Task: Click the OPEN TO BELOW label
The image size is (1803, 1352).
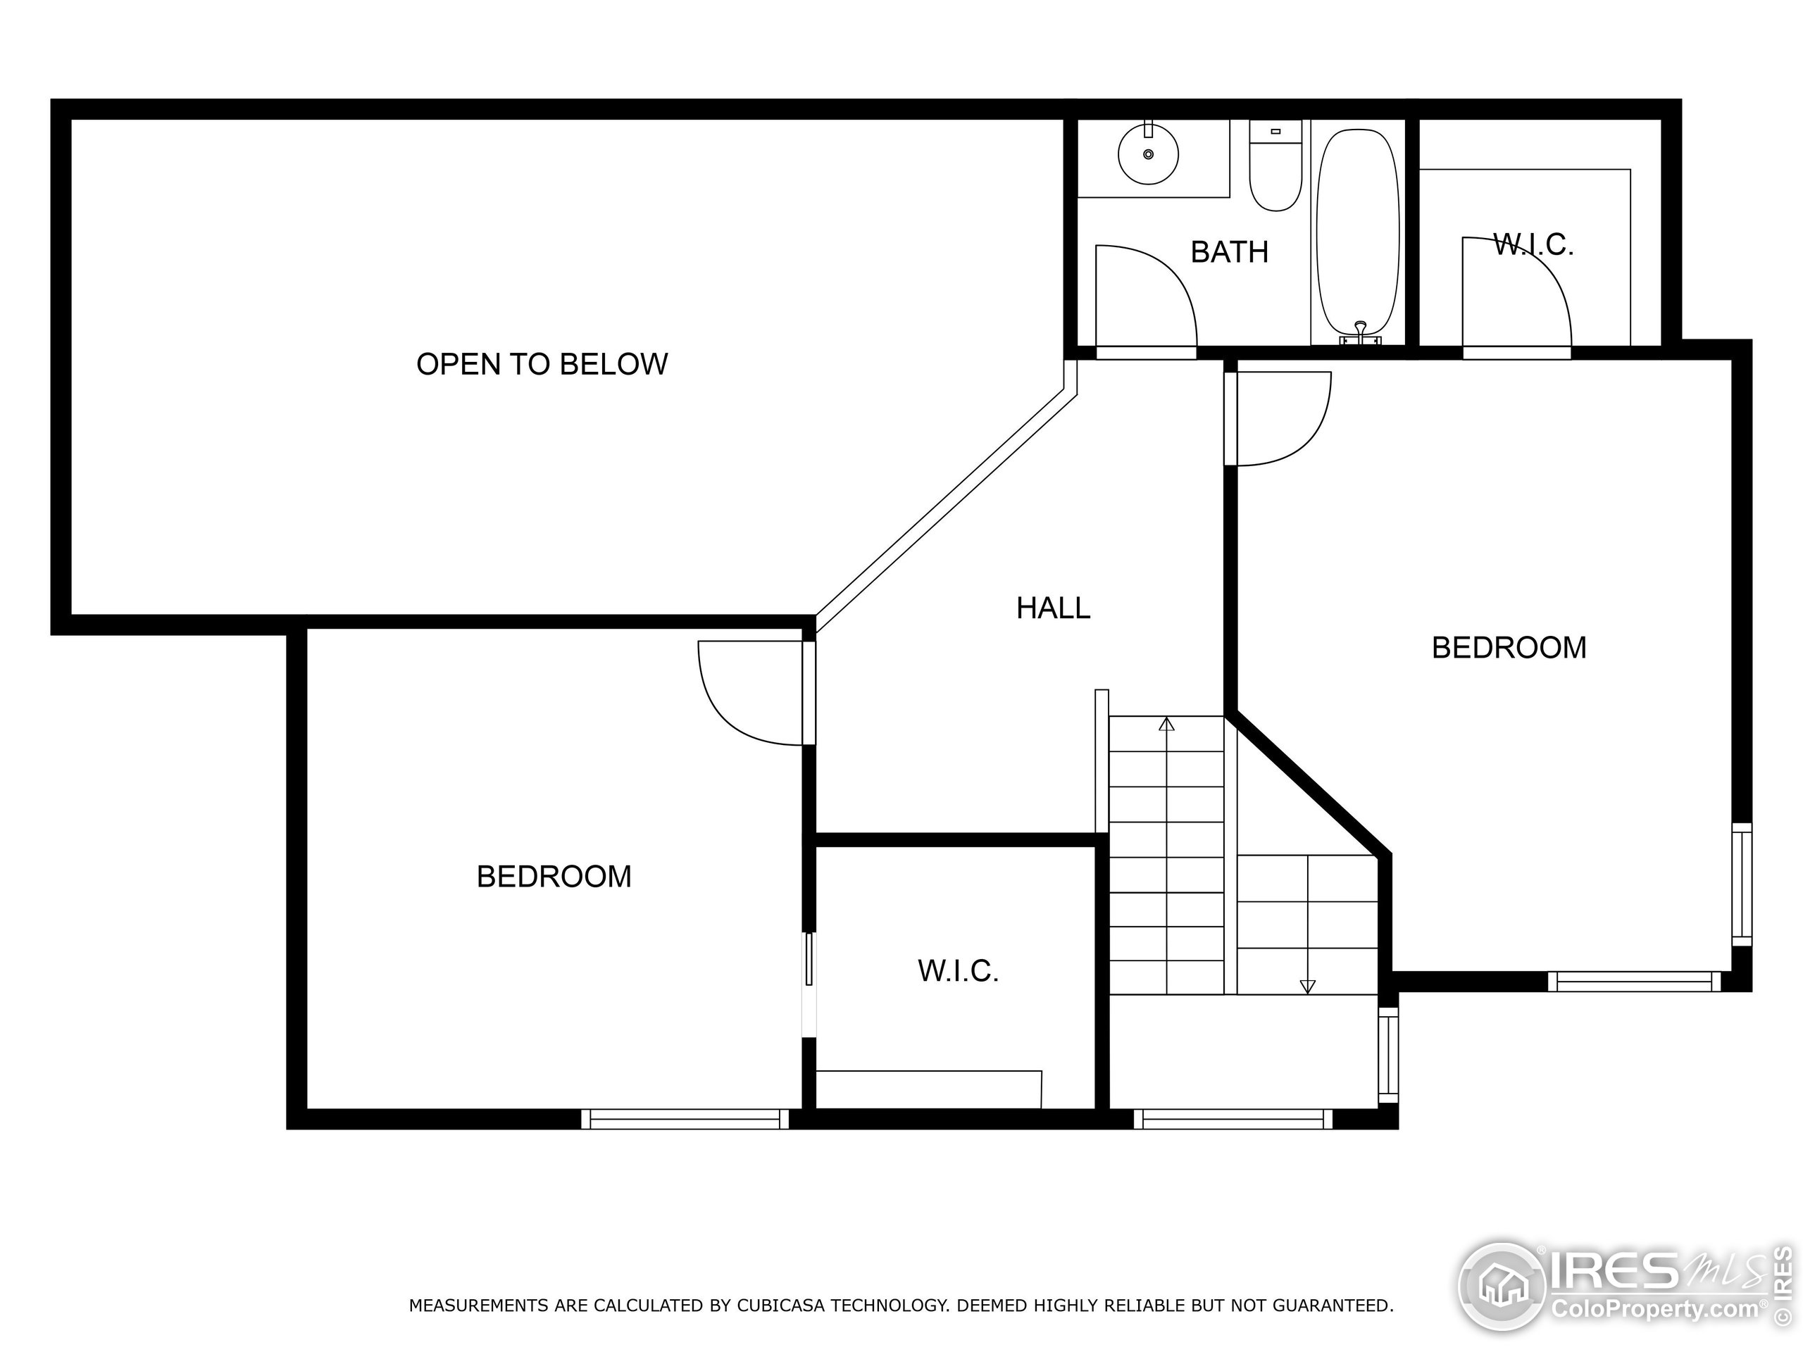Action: click(x=542, y=364)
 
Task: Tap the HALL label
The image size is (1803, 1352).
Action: click(x=1053, y=608)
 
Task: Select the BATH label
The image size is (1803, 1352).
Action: click(x=1229, y=253)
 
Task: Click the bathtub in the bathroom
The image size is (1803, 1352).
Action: click(x=1358, y=237)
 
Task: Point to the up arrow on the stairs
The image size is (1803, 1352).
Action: click(x=1166, y=725)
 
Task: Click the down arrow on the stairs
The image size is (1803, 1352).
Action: click(x=1307, y=986)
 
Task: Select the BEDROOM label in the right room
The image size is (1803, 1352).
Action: click(x=1509, y=648)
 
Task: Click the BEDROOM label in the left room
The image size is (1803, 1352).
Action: click(x=554, y=877)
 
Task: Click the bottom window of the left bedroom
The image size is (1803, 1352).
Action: click(x=685, y=1119)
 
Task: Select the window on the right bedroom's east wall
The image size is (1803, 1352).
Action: click(x=1741, y=884)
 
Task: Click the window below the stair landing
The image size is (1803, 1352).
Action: click(x=1233, y=1119)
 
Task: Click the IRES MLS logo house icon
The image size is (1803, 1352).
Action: click(x=1502, y=1287)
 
